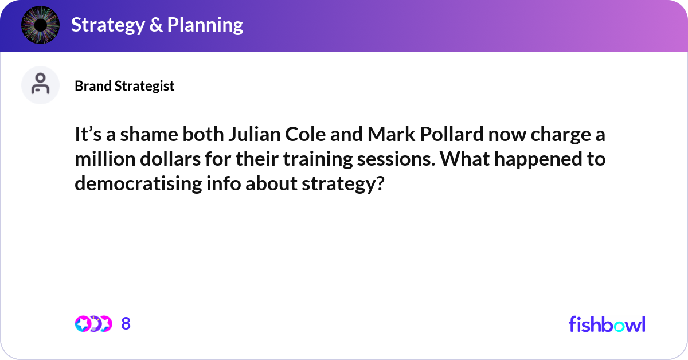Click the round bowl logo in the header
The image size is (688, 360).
tap(40, 25)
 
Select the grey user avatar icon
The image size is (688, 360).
tap(40, 85)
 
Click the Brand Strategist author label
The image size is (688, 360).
tap(124, 86)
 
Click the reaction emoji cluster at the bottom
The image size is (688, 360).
tap(93, 324)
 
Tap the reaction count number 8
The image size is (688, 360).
tap(126, 324)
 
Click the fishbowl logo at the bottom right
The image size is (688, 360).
tap(607, 324)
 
